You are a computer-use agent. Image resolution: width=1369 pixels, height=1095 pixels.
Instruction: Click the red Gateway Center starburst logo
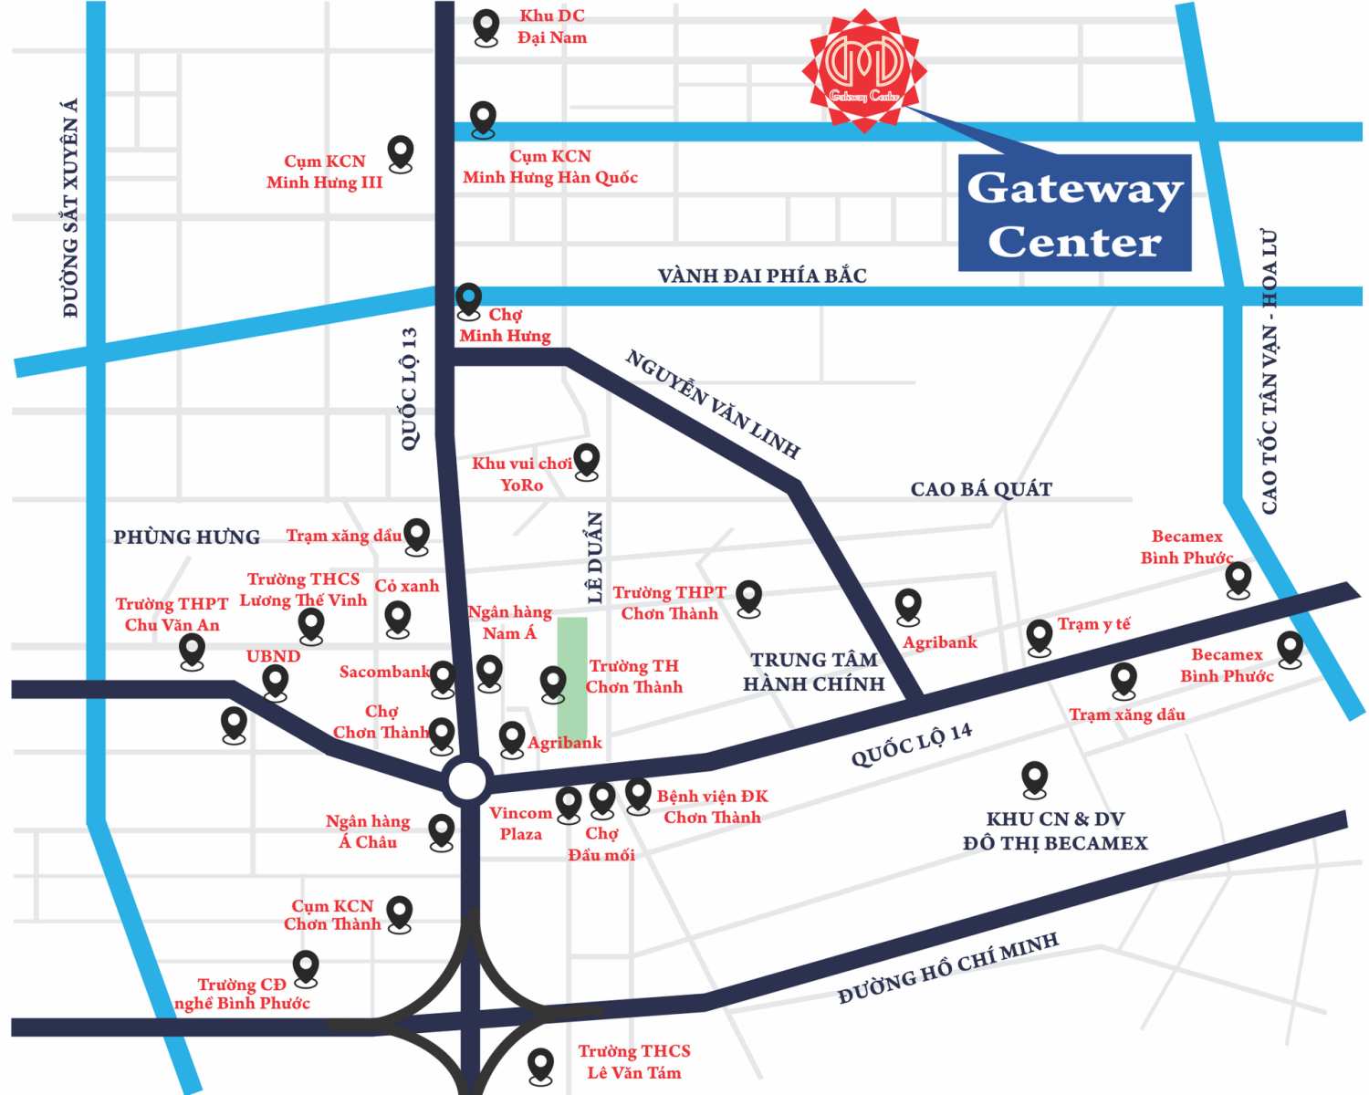[x=864, y=69]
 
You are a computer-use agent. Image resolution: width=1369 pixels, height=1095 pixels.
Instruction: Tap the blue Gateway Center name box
[x=1074, y=214]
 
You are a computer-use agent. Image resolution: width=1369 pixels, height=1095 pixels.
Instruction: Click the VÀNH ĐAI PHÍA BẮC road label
[x=762, y=276]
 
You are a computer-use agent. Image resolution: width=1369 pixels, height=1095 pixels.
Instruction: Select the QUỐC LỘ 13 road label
[x=410, y=389]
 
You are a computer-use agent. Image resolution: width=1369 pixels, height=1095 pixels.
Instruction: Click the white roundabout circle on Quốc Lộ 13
[x=467, y=781]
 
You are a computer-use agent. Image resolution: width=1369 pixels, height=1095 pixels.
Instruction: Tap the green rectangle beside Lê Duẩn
[x=572, y=678]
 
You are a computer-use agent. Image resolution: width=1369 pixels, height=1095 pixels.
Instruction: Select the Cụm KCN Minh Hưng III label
[x=324, y=172]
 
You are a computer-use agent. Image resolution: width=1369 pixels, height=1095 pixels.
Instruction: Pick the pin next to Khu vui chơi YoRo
[x=587, y=460]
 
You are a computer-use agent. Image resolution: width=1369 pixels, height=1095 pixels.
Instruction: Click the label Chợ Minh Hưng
[x=505, y=326]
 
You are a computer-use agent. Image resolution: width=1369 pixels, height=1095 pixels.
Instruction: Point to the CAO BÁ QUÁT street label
[x=981, y=490]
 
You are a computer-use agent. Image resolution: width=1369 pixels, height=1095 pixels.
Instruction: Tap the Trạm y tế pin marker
[x=1040, y=635]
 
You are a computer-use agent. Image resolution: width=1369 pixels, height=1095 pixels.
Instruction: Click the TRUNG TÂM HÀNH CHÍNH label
[x=814, y=672]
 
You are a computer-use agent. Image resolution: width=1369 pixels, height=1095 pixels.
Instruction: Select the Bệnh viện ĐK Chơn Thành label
[x=713, y=807]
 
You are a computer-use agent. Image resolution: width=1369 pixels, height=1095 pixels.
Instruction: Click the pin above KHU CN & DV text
[x=1034, y=777]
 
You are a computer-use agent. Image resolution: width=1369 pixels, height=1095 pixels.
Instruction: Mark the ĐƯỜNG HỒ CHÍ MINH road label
[x=948, y=968]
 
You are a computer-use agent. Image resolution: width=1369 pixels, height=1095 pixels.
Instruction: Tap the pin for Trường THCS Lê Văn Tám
[x=541, y=1063]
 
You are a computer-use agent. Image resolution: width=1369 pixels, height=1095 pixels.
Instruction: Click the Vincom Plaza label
[x=520, y=823]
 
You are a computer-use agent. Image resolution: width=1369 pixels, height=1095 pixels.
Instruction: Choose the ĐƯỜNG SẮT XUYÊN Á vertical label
[x=70, y=208]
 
